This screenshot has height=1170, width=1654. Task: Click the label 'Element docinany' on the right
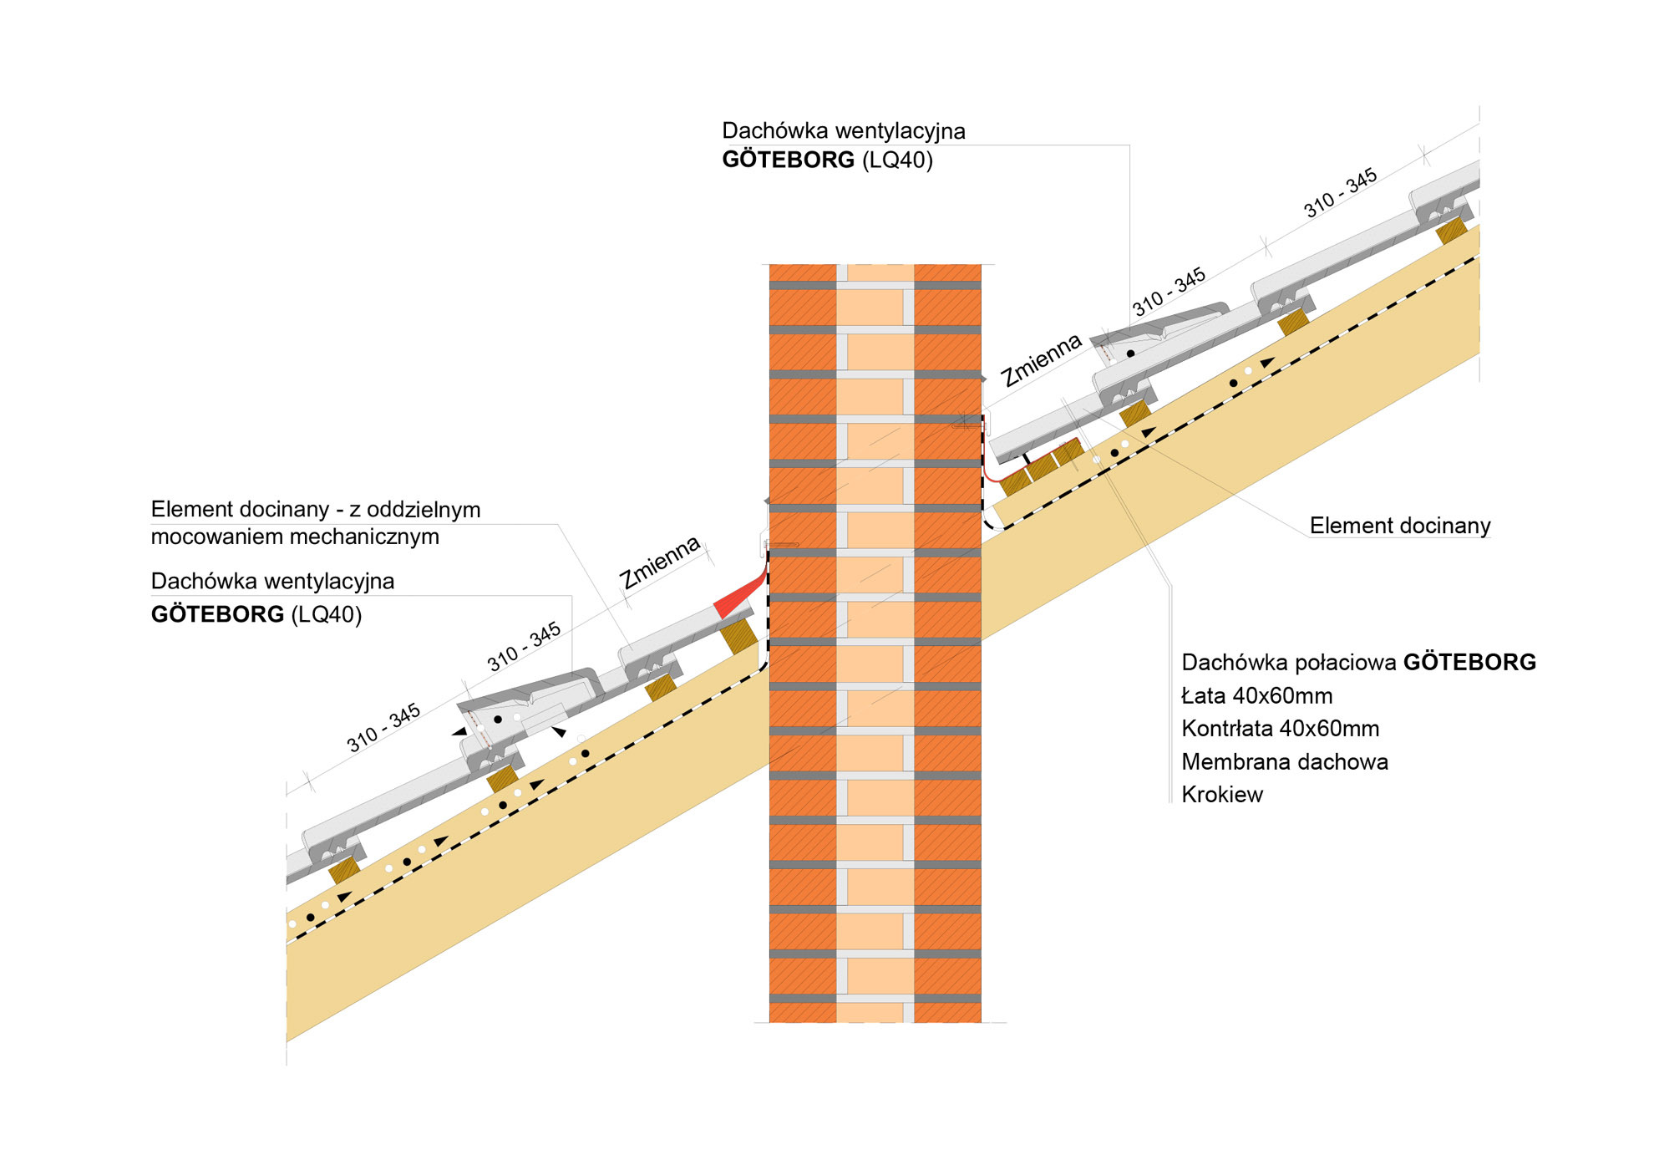pyautogui.click(x=1399, y=526)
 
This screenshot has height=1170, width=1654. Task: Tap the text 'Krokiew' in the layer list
pyautogui.click(x=1221, y=795)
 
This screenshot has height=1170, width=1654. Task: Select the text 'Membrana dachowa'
pyautogui.click(x=1284, y=762)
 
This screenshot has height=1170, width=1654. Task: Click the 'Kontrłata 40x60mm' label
pyautogui.click(x=1280, y=729)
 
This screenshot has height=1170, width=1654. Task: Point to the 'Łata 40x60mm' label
pyautogui.click(x=1256, y=696)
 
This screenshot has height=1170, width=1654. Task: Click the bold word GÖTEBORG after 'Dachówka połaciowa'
pyautogui.click(x=1469, y=663)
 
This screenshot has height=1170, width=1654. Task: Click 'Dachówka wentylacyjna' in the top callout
pyautogui.click(x=843, y=131)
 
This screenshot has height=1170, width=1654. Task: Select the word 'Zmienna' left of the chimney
pyautogui.click(x=659, y=562)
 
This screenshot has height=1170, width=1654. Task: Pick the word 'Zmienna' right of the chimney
pyautogui.click(x=1042, y=360)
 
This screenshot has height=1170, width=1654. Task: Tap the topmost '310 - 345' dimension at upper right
pyautogui.click(x=1340, y=193)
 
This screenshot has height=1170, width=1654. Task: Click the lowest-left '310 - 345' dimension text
pyautogui.click(x=383, y=728)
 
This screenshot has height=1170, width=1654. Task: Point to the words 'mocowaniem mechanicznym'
pyautogui.click(x=295, y=537)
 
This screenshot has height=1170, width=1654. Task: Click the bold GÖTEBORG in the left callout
pyautogui.click(x=217, y=615)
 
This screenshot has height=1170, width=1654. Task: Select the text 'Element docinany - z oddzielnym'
pyautogui.click(x=315, y=510)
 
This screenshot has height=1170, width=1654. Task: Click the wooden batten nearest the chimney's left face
pyautogui.click(x=738, y=635)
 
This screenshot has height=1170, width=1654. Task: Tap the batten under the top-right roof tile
pyautogui.click(x=1452, y=231)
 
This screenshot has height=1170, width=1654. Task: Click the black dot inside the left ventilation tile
pyautogui.click(x=498, y=720)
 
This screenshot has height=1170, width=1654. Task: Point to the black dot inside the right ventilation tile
pyautogui.click(x=1130, y=354)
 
